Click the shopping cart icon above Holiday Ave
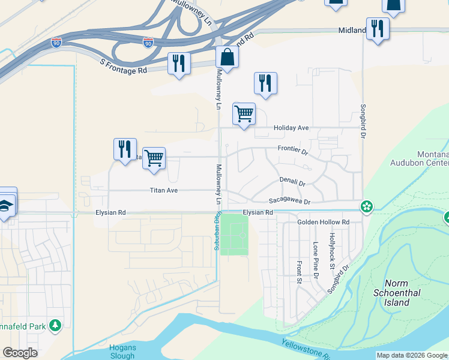pyautogui.click(x=244, y=113)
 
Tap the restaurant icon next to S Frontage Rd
pyautogui.click(x=178, y=63)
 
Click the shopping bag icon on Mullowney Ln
pyautogui.click(x=228, y=58)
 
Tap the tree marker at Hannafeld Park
pyautogui.click(x=56, y=325)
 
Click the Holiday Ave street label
pyautogui.click(x=291, y=128)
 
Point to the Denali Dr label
pyautogui.click(x=292, y=181)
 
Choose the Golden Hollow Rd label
pyautogui.click(x=323, y=222)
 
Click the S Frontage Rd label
pyautogui.click(x=124, y=70)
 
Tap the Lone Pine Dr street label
pyautogui.click(x=316, y=260)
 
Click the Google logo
pyautogui.click(x=20, y=353)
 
